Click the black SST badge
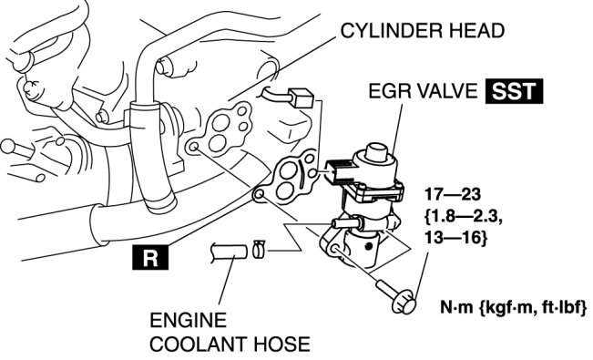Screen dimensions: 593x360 (x=515, y=91)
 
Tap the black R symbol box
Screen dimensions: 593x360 (x=150, y=257)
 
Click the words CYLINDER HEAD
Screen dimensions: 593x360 (x=423, y=31)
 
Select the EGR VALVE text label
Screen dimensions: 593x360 (x=423, y=91)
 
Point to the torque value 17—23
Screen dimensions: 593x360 (x=453, y=194)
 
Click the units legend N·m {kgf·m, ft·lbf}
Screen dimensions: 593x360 (x=514, y=306)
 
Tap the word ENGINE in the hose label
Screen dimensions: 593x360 (x=189, y=320)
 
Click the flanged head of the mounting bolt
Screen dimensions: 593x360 (x=404, y=302)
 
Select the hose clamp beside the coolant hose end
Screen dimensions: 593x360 (x=259, y=249)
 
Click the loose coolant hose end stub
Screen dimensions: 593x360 (x=230, y=252)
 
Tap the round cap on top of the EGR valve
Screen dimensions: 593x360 (x=375, y=153)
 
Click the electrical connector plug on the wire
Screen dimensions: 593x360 (x=301, y=98)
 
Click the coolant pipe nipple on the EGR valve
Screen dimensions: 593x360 (x=345, y=222)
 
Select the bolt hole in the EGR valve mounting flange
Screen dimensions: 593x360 (x=334, y=249)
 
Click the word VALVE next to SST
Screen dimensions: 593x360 (x=447, y=91)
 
